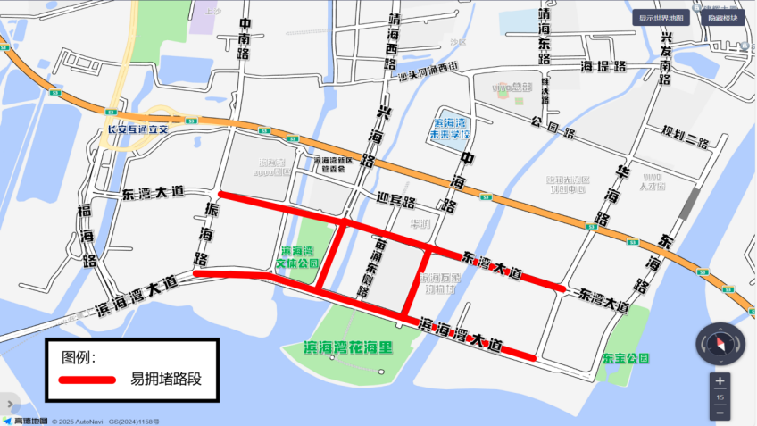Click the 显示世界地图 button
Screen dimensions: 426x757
(x=661, y=18)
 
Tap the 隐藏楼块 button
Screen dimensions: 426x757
(x=723, y=18)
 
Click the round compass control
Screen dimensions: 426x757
(x=720, y=343)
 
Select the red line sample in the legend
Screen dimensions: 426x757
(x=87, y=380)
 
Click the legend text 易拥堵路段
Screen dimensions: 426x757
(x=166, y=380)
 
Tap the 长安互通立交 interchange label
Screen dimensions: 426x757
(x=137, y=129)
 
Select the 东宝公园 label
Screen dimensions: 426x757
(x=625, y=357)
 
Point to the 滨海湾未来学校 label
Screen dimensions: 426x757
(x=450, y=129)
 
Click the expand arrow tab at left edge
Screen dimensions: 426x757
(x=6, y=402)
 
